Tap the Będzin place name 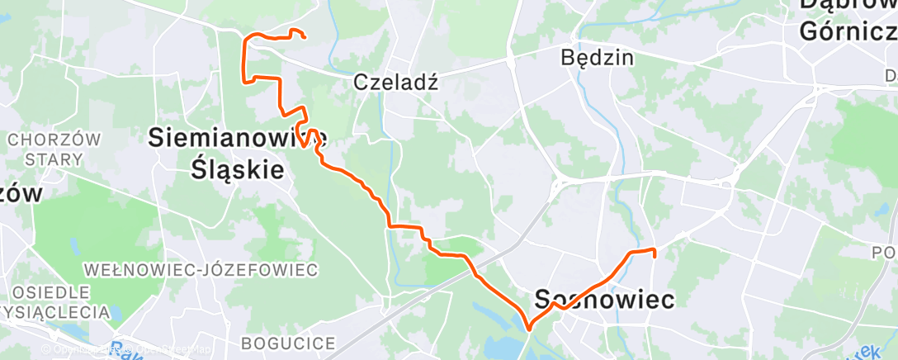(x=596, y=58)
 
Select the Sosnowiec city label (x=604, y=299)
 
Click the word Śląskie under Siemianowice (x=238, y=169)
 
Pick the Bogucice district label (x=288, y=343)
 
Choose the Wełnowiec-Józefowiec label (x=201, y=270)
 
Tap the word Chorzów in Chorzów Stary (x=53, y=140)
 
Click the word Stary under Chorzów (x=53, y=159)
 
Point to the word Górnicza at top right (x=847, y=31)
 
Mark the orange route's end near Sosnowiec (x=654, y=257)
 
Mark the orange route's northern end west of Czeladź (x=305, y=36)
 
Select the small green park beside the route (x=447, y=267)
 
